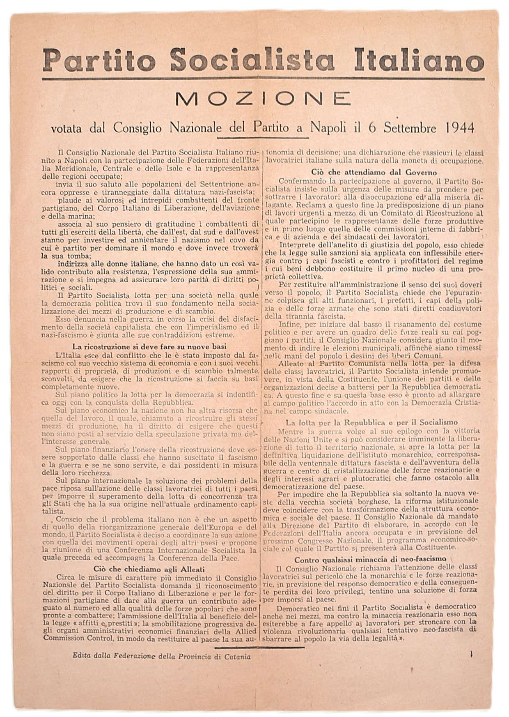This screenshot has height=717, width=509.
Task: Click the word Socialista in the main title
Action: coord(252,60)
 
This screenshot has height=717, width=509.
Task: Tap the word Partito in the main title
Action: coord(99,60)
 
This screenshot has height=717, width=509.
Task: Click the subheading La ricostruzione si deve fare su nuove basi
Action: coord(149,346)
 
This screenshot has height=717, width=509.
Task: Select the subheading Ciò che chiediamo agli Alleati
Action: coord(149,569)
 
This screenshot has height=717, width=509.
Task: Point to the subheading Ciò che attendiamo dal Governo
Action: coord(374,173)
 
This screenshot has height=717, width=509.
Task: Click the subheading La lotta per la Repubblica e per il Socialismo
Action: coord(371,422)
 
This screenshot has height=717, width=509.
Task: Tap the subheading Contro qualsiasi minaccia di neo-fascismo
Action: coord(370,559)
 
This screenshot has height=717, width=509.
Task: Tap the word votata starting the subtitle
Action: coord(66,128)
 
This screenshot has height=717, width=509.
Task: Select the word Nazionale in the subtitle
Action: coord(195,128)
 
